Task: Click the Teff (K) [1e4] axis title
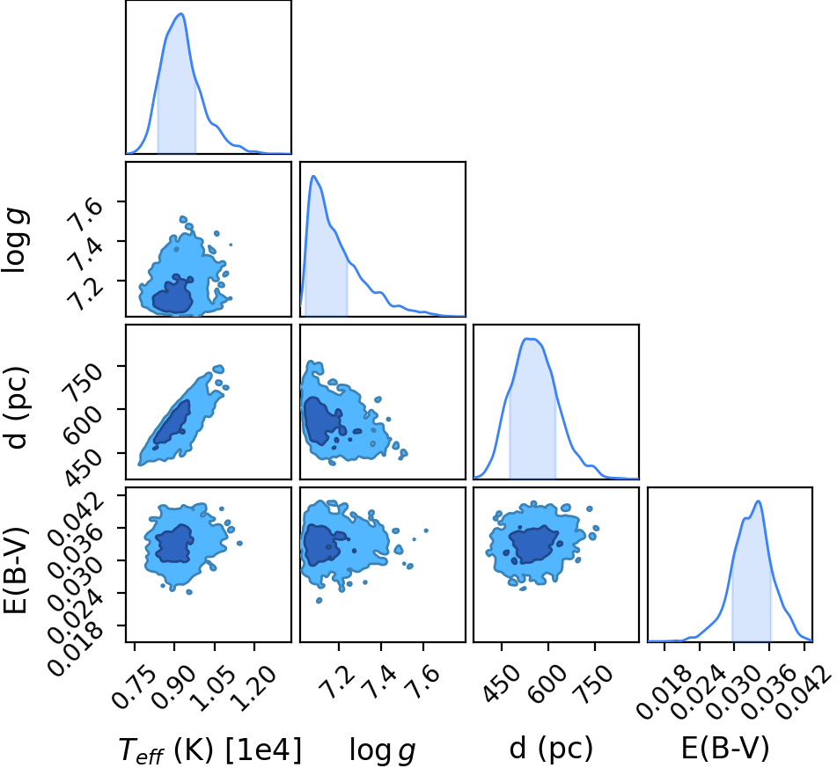coord(209,750)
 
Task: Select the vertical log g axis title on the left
coord(16,241)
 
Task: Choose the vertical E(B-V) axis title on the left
coord(14,568)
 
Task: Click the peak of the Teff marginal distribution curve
coord(181,14)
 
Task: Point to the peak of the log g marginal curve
coord(313,176)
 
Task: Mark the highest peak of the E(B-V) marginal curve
coord(758,501)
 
